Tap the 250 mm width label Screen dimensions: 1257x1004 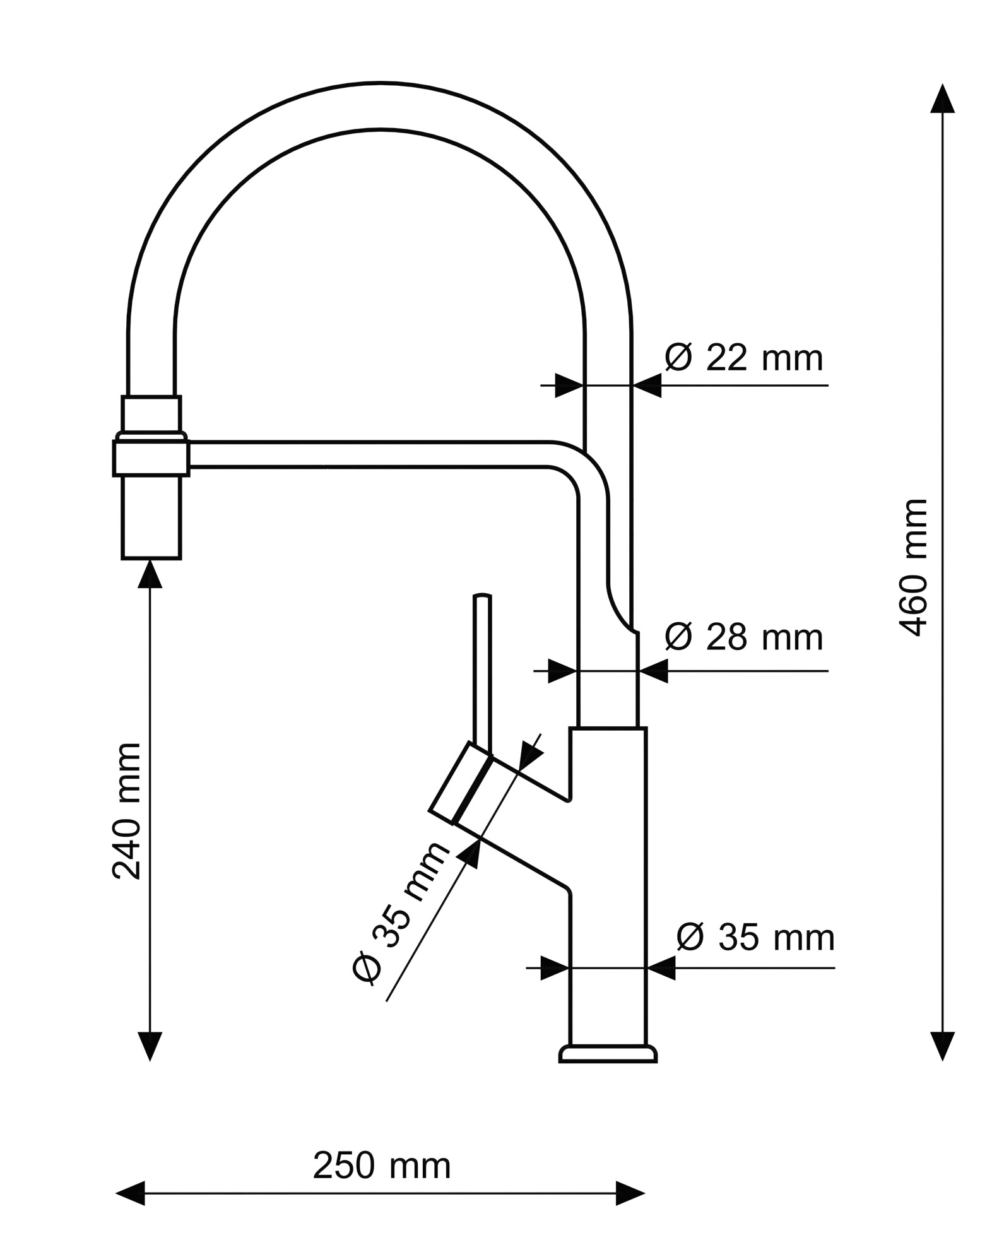pos(382,1166)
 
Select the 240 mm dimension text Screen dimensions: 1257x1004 pos(127,811)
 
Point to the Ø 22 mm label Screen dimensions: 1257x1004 pos(744,358)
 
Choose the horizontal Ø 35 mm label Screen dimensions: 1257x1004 pos(755,938)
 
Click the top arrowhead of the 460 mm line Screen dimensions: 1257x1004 pos(942,99)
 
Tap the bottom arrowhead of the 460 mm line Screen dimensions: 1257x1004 pos(942,1046)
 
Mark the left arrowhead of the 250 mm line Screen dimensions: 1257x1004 pos(131,1193)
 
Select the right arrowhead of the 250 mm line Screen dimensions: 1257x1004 pos(630,1193)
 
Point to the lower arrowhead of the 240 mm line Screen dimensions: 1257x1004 pos(150,1046)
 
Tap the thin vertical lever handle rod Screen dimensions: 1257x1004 pos(482,672)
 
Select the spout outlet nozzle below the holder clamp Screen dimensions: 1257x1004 pos(151,517)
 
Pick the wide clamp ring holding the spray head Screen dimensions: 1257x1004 pos(151,457)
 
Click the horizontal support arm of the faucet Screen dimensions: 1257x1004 pos(379,455)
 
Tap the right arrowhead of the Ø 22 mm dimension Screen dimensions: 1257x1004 pos(647,385)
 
